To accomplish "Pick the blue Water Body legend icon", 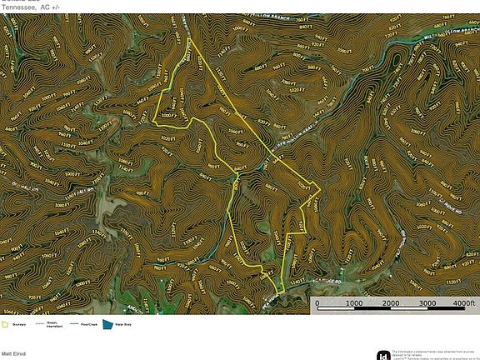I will pyautogui.click(x=107, y=324).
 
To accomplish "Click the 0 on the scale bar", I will pyautogui.click(x=320, y=303).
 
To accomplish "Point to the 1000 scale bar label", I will pyautogui.click(x=352, y=303).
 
